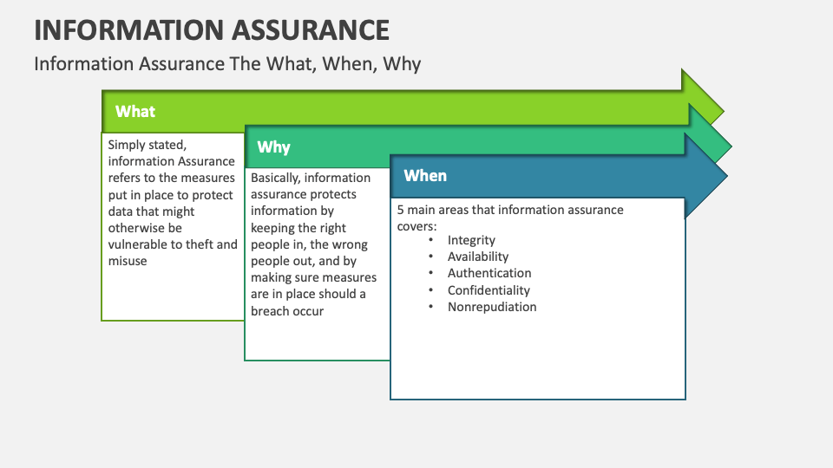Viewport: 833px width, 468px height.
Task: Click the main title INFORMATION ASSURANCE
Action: pyautogui.click(x=212, y=29)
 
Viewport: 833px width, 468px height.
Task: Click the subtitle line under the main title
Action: pyautogui.click(x=227, y=64)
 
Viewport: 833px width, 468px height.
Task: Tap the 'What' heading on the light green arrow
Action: pyautogui.click(x=135, y=111)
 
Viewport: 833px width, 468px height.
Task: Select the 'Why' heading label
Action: pyautogui.click(x=273, y=147)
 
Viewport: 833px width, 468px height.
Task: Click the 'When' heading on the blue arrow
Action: pyautogui.click(x=425, y=176)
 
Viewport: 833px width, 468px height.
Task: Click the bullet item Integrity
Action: pyautogui.click(x=471, y=240)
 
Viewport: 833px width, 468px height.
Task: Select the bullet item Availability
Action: pyautogui.click(x=478, y=257)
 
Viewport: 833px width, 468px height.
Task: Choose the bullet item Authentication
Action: pyautogui.click(x=489, y=273)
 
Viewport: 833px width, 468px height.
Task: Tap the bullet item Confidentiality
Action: pyautogui.click(x=489, y=290)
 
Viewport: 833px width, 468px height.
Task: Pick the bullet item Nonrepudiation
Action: pyautogui.click(x=492, y=307)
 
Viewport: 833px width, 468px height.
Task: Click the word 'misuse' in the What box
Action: pyautogui.click(x=128, y=261)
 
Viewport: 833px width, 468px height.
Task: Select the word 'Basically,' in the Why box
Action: pyautogui.click(x=276, y=178)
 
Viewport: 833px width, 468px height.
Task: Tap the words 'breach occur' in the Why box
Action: pyautogui.click(x=287, y=310)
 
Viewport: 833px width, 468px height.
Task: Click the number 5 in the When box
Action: pyautogui.click(x=401, y=210)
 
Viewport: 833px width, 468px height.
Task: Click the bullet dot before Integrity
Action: pyautogui.click(x=431, y=240)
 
